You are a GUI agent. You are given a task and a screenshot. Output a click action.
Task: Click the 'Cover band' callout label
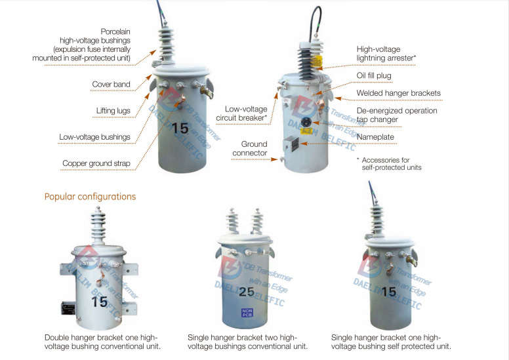111,84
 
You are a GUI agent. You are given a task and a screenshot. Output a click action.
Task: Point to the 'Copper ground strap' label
96,163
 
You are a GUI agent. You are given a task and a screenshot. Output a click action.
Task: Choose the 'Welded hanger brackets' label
398,93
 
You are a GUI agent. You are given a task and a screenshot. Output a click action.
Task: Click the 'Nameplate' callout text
376,137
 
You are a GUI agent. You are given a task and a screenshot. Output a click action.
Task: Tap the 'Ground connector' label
254,148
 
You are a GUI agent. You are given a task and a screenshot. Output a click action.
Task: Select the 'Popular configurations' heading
90,196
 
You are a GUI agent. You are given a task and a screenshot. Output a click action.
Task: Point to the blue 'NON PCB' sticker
247,313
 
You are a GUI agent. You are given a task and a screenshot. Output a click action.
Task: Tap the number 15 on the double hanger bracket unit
100,302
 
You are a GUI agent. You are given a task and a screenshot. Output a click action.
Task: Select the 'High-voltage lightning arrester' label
387,53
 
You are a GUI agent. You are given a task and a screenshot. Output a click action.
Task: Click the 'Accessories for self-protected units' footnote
392,163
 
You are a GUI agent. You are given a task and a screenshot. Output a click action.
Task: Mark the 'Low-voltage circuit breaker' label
246,113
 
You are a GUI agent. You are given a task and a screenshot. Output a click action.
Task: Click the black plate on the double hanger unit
68,307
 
